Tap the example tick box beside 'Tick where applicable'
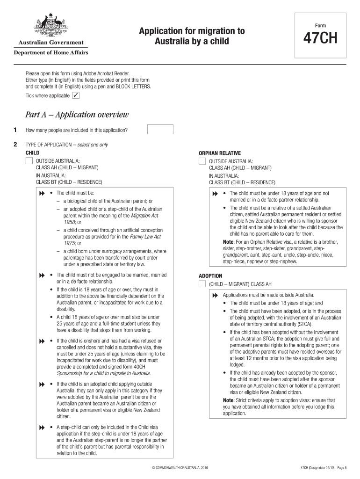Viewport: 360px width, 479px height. (76, 96)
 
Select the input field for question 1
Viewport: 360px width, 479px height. (160, 130)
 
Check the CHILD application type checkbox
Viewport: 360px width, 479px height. (29, 161)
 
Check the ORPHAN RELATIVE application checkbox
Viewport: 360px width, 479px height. (202, 161)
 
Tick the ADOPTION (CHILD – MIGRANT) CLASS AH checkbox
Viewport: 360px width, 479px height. (202, 284)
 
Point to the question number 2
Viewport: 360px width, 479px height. (15, 145)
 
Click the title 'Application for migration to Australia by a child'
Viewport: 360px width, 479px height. (192, 36)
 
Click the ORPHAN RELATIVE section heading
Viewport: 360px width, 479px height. (220, 153)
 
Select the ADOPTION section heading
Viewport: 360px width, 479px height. (210, 276)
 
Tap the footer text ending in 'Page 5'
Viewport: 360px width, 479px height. (323, 468)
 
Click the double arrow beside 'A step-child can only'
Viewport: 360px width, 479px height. (42, 428)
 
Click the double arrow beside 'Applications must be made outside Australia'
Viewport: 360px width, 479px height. (215, 296)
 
